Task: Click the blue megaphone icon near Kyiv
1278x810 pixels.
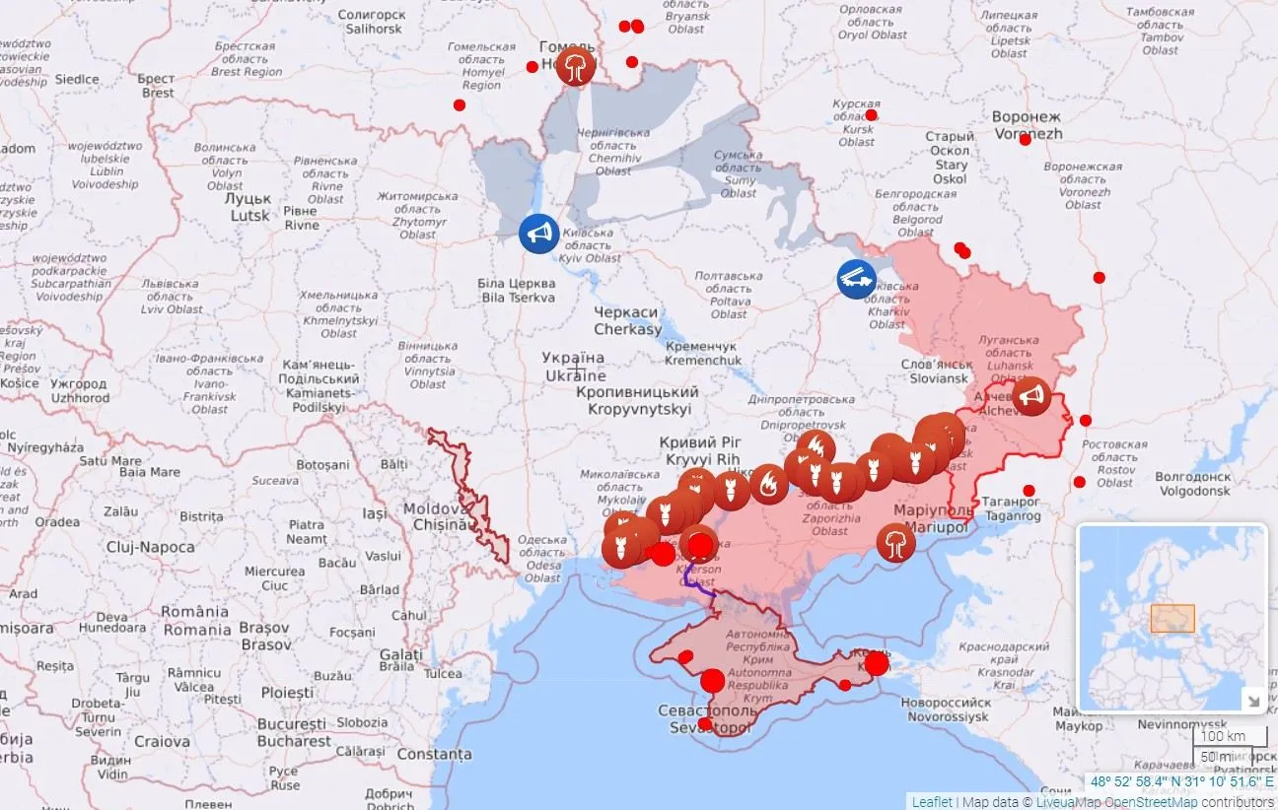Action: tap(538, 234)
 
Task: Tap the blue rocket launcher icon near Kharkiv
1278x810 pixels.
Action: tap(856, 278)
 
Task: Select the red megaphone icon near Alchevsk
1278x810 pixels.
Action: tap(1031, 396)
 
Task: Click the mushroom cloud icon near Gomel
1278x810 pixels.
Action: tap(575, 68)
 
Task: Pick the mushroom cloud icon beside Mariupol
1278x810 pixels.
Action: tap(895, 543)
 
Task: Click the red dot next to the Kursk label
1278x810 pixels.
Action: tap(871, 115)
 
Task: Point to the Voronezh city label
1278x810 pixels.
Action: tap(1028, 124)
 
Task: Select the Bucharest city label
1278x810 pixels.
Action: tap(293, 731)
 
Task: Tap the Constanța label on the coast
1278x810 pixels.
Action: tap(434, 754)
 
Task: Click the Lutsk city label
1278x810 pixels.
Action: tap(250, 207)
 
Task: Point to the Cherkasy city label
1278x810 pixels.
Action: tap(627, 320)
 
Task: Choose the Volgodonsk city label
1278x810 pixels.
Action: tap(1194, 482)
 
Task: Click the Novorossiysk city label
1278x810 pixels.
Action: tap(945, 709)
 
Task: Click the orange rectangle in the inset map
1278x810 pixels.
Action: tap(1172, 618)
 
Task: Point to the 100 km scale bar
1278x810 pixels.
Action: tap(1222, 736)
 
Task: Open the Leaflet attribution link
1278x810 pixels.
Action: tap(932, 802)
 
